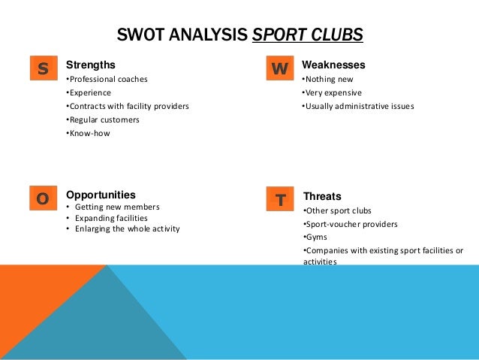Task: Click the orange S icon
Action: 43,69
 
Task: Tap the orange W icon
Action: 279,69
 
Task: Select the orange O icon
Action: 43,198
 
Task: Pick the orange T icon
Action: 279,200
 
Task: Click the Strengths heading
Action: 91,65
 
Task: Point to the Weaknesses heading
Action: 333,65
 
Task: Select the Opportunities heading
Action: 101,194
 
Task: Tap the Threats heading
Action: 321,197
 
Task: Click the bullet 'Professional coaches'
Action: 107,79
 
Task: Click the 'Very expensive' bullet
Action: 332,92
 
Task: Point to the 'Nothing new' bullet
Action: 327,79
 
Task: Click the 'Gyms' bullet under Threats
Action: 310,237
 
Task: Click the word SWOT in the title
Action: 140,35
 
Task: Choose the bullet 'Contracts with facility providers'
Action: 128,106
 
